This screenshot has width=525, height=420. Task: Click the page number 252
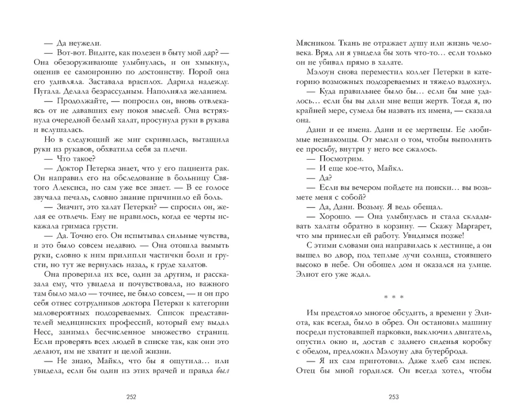tap(131, 396)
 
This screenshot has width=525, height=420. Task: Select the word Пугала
tap(47, 92)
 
